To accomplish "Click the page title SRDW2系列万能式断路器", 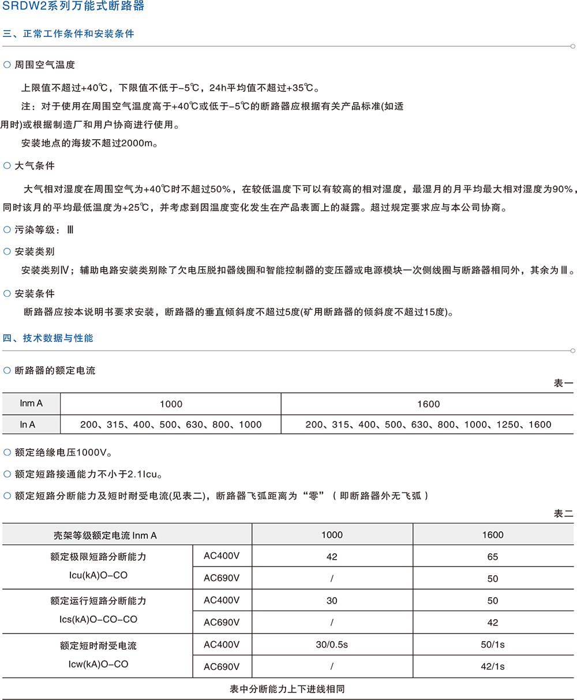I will pyautogui.click(x=73, y=7).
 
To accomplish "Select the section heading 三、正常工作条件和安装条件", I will pyautogui.click(x=69, y=33).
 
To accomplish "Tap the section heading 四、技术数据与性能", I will pyautogui.click(x=48, y=338).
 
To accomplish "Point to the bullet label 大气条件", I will pyautogui.click(x=35, y=166).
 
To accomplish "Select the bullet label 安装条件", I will pyautogui.click(x=35, y=293).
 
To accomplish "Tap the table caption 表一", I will pyautogui.click(x=563, y=383).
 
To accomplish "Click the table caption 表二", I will pyautogui.click(x=563, y=513).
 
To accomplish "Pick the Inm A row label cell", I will pyautogui.click(x=31, y=404).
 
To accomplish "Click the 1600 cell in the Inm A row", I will pyautogui.click(x=428, y=404).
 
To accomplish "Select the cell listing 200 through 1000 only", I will pyautogui.click(x=171, y=425).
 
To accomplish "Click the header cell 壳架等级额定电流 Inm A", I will pyautogui.click(x=105, y=535).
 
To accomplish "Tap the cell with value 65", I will pyautogui.click(x=493, y=557).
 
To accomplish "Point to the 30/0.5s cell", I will pyautogui.click(x=332, y=645).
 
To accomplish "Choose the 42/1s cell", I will pyautogui.click(x=493, y=667).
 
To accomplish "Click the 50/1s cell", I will pyautogui.click(x=493, y=645).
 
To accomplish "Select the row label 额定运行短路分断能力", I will pyautogui.click(x=98, y=601).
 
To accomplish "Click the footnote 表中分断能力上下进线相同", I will pyautogui.click(x=287, y=689).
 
